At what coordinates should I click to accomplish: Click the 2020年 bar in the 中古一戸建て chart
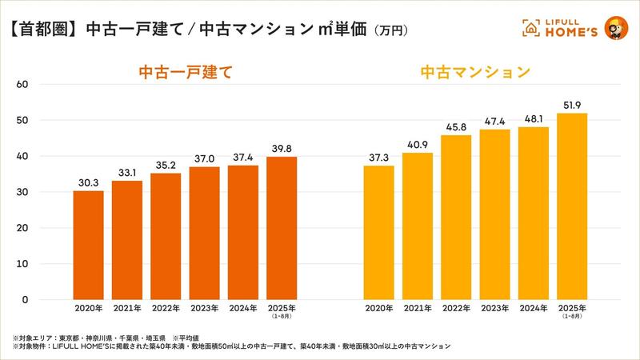pos(88,245)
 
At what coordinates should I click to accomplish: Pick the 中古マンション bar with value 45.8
pos(455,217)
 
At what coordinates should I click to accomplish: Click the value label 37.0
pos(204,159)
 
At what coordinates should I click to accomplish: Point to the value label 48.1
pos(533,119)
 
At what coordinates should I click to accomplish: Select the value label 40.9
pos(416,145)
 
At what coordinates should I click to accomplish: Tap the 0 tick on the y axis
pos(25,300)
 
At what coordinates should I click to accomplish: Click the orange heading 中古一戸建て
pos(185,73)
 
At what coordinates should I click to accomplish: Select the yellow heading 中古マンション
pos(475,73)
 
